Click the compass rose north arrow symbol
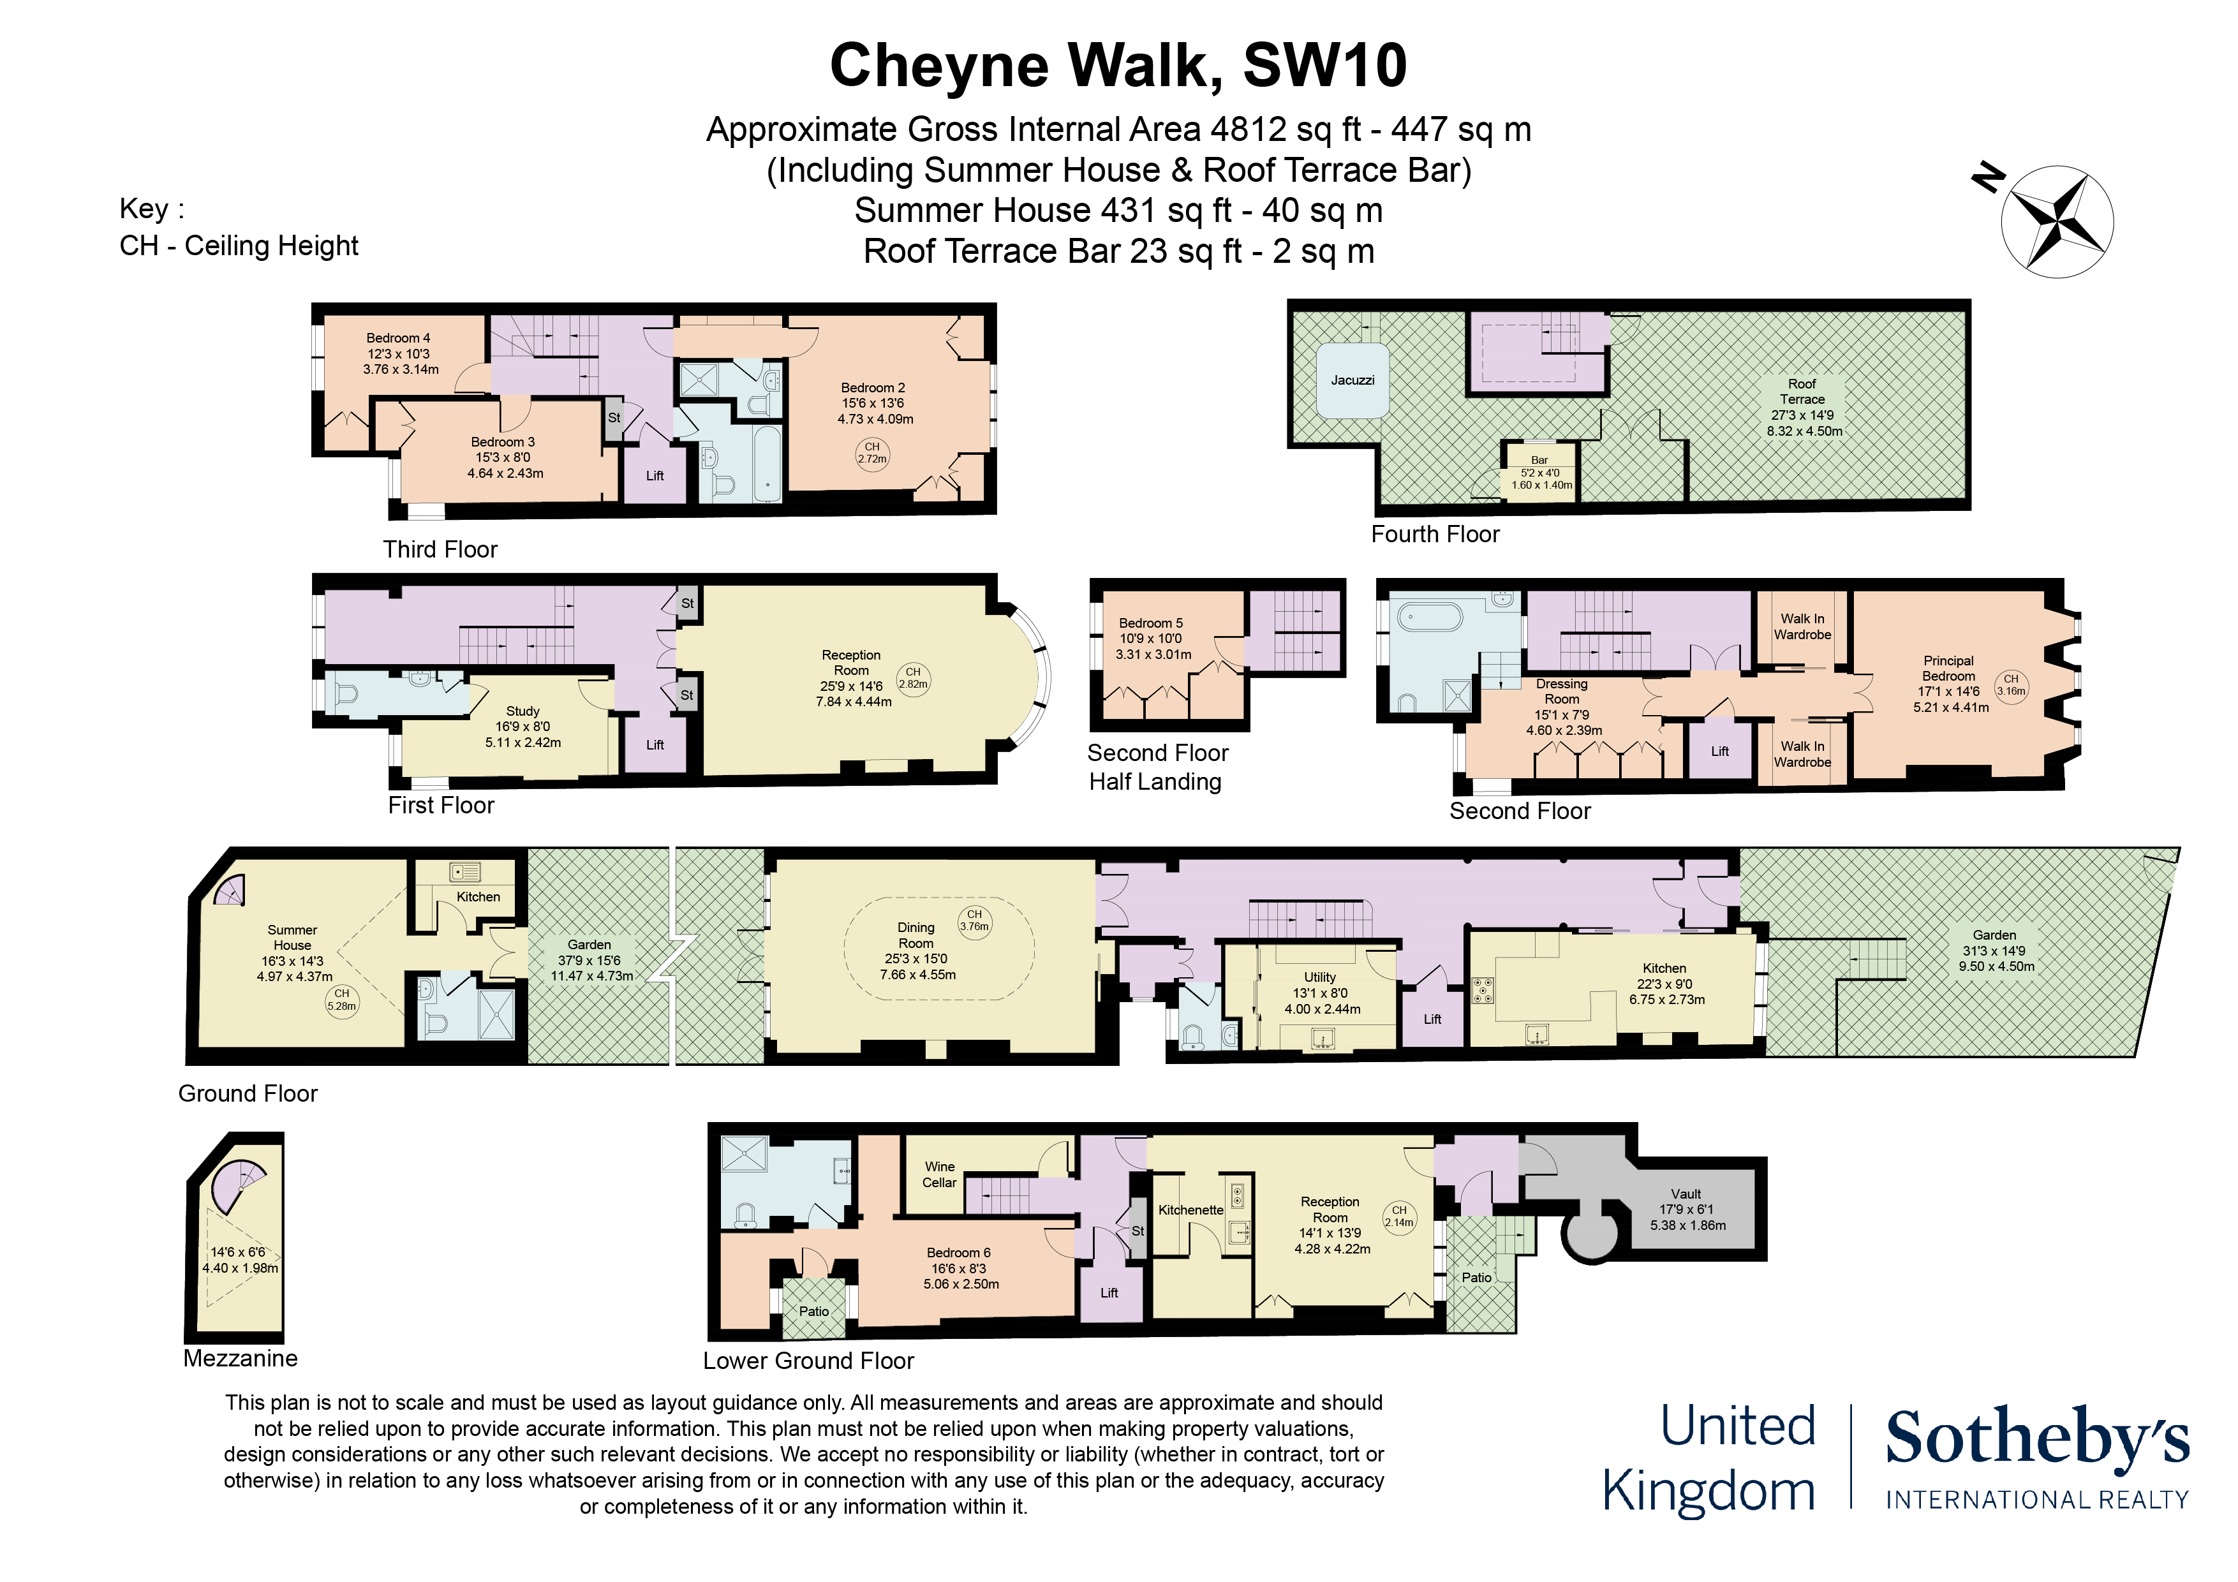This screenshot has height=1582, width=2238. tap(2057, 221)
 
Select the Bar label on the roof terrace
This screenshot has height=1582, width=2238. tap(1539, 460)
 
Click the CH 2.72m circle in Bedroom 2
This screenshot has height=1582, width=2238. tap(871, 454)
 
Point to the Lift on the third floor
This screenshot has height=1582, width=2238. tap(655, 476)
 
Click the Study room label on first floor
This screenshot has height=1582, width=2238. tap(522, 711)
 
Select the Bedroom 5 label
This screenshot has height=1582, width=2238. tap(1150, 623)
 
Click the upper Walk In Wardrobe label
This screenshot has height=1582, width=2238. tap(1802, 627)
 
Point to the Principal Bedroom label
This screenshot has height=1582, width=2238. tap(1948, 669)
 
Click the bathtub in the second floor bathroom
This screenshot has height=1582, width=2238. tap(1430, 618)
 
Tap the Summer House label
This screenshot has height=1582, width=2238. tap(292, 938)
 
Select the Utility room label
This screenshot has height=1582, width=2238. tap(1320, 977)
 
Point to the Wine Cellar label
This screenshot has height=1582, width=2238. tap(940, 1174)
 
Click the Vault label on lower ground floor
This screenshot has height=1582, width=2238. tap(1686, 1194)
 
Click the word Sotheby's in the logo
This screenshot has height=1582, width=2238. tap(2036, 1438)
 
